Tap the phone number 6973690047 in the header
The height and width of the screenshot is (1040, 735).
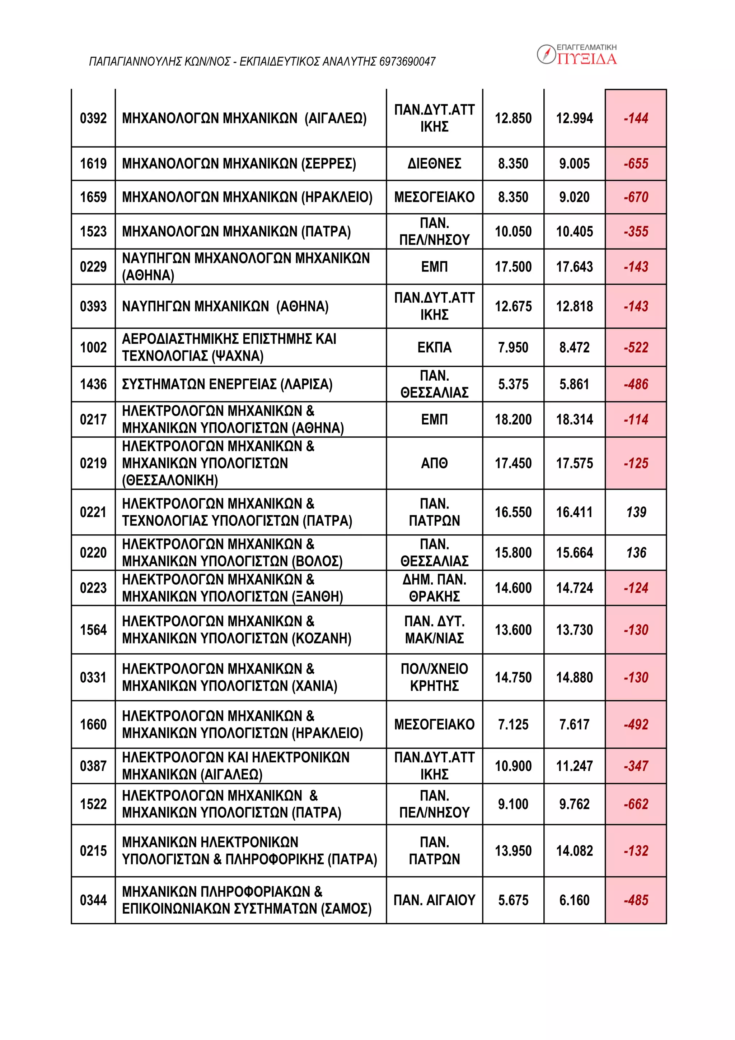(407, 62)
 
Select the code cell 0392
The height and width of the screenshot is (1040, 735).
(93, 118)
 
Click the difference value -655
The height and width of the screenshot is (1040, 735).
(636, 163)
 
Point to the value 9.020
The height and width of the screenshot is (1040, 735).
(574, 197)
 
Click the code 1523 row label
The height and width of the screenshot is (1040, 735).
(93, 232)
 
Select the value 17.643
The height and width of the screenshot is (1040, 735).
(574, 267)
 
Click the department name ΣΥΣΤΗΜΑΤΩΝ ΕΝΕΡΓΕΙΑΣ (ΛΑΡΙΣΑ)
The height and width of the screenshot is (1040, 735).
(227, 384)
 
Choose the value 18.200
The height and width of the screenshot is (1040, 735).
(513, 419)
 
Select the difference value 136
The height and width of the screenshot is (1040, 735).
(636, 553)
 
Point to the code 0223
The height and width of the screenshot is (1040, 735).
(93, 588)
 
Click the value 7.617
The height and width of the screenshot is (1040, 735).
(574, 724)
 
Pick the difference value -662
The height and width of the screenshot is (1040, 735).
(636, 804)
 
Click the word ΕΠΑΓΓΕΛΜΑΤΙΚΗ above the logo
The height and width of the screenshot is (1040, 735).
(586, 47)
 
